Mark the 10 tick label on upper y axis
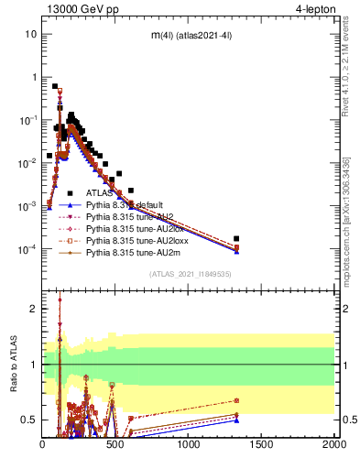pyautogui.click(x=30, y=34)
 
